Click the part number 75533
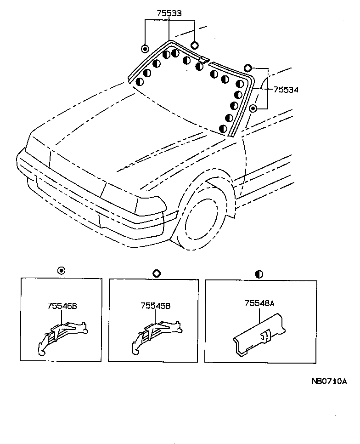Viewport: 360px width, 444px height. (169, 13)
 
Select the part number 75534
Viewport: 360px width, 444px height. (286, 90)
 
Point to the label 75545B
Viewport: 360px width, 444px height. (156, 305)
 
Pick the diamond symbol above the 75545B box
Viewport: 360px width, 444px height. (156, 273)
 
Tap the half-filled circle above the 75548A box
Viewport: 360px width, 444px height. (259, 274)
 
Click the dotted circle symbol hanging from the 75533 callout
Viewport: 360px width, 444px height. (145, 49)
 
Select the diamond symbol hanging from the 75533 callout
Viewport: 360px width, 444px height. (194, 45)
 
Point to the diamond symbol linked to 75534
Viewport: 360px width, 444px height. (247, 68)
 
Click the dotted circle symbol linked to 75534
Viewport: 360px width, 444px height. (253, 108)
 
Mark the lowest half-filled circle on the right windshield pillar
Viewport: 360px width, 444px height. (223, 129)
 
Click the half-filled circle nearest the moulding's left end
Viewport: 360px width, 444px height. (140, 82)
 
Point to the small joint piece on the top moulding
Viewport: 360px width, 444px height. (203, 59)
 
